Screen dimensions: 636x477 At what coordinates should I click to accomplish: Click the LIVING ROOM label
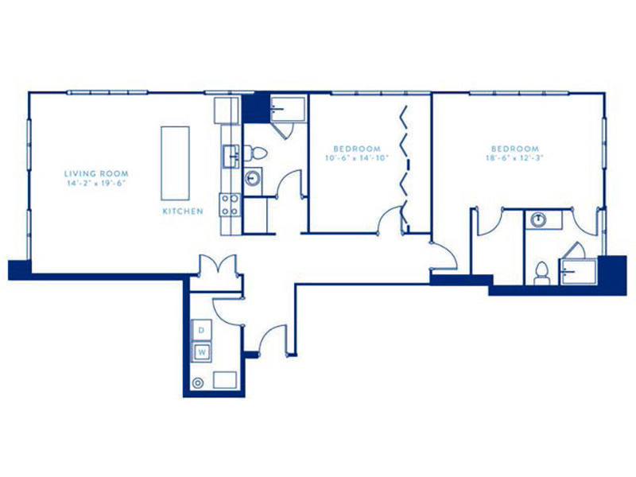[96, 173]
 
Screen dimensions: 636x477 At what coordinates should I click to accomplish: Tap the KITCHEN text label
[183, 211]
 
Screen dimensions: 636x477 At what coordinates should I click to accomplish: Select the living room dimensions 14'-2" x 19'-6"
[96, 183]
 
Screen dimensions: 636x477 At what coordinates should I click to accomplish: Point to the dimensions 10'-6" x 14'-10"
[356, 157]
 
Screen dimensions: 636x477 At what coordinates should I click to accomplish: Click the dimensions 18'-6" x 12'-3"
[514, 157]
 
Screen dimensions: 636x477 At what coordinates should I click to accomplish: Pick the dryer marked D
[202, 330]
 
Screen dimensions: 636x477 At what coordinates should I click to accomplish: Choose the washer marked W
[202, 351]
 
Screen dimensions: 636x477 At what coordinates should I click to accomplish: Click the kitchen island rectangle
[175, 164]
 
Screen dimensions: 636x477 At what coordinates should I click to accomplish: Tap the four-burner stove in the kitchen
[230, 205]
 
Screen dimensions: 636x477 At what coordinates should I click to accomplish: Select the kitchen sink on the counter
[232, 156]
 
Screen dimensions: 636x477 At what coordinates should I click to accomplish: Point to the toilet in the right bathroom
[541, 273]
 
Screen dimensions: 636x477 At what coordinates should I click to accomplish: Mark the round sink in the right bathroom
[538, 220]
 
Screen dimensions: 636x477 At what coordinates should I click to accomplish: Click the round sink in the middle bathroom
[253, 178]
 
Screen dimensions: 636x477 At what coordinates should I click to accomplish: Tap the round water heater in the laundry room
[197, 383]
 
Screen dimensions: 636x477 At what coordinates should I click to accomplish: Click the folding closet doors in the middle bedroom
[404, 167]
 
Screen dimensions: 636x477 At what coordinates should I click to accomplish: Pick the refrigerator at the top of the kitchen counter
[227, 111]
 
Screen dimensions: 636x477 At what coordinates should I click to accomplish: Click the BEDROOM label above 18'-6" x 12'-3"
[514, 149]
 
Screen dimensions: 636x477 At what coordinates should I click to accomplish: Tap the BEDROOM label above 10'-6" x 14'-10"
[357, 149]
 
